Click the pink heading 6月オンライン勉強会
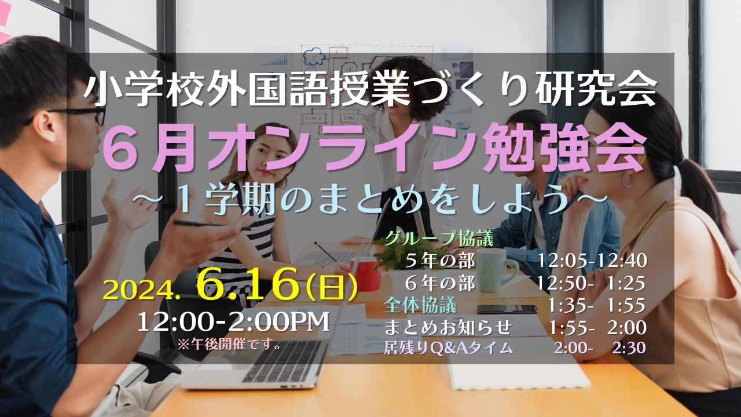click(x=375, y=147)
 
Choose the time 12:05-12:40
click(x=592, y=261)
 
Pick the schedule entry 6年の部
click(x=440, y=283)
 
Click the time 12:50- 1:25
click(x=591, y=283)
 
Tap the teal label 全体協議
click(x=420, y=305)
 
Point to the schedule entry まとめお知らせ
click(x=448, y=327)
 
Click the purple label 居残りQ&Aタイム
click(x=449, y=348)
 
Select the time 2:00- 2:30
click(x=599, y=348)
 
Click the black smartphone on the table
click(x=507, y=309)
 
